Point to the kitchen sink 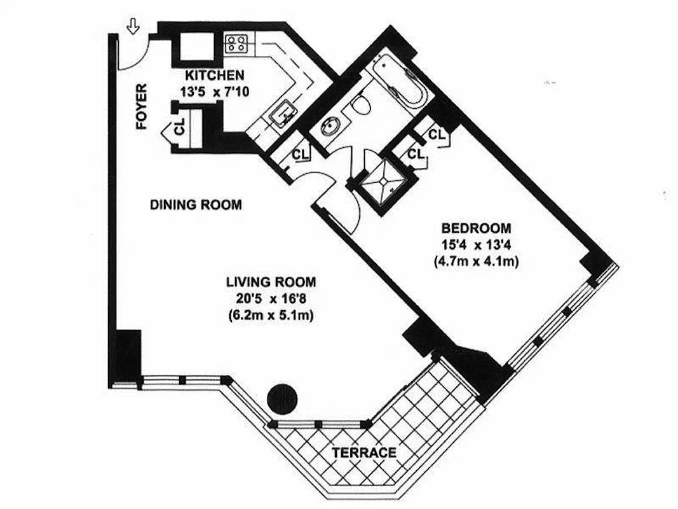pyautogui.click(x=281, y=113)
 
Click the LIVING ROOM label pyautogui.click(x=271, y=282)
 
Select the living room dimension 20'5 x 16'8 pyautogui.click(x=271, y=298)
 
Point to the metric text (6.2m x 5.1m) pyautogui.click(x=271, y=315)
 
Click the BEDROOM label pyautogui.click(x=476, y=228)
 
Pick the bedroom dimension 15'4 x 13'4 pyautogui.click(x=476, y=244)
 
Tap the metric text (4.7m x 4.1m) pyautogui.click(x=476, y=260)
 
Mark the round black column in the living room pyautogui.click(x=280, y=399)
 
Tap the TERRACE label pyautogui.click(x=364, y=453)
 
